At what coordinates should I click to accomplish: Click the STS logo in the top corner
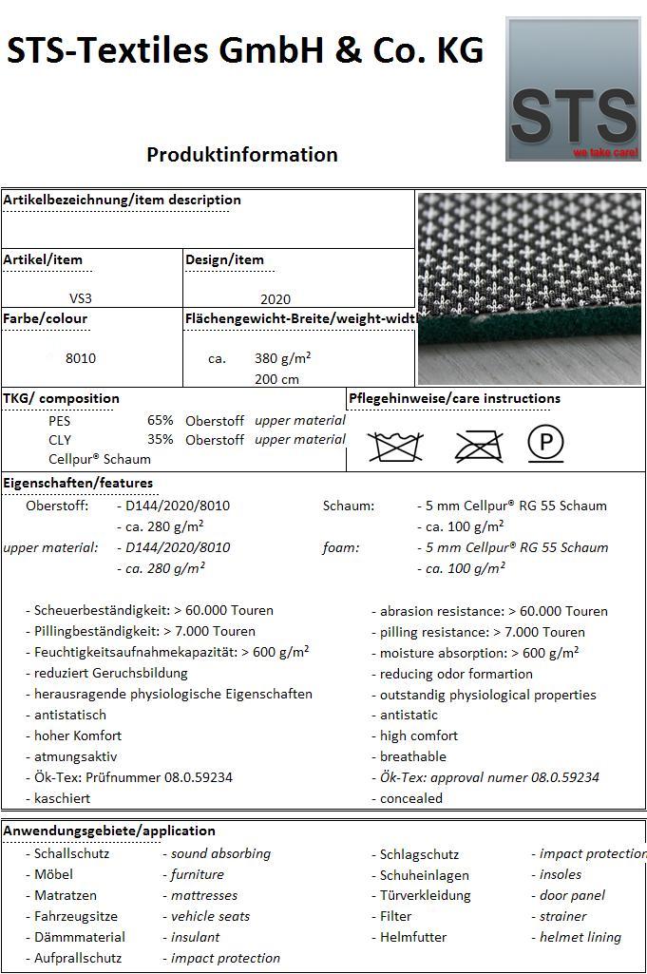coord(572,88)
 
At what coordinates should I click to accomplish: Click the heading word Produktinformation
coord(242,154)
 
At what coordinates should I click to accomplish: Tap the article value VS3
coord(81,298)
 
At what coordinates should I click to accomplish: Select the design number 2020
coord(276,298)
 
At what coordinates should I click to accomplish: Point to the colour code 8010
coord(81,358)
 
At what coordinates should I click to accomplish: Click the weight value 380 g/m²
coord(283,358)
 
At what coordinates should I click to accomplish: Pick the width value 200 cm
coord(276,379)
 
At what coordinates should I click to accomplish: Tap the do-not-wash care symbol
coord(395,445)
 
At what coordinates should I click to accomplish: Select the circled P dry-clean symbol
coord(545,443)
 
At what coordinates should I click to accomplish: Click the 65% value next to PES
coord(160,420)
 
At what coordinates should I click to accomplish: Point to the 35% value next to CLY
coord(160,439)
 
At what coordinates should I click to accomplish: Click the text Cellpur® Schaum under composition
coord(100,459)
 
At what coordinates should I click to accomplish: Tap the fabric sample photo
coord(529,288)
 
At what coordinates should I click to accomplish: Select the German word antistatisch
coord(70,715)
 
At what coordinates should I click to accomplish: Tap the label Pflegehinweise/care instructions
coord(454,398)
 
